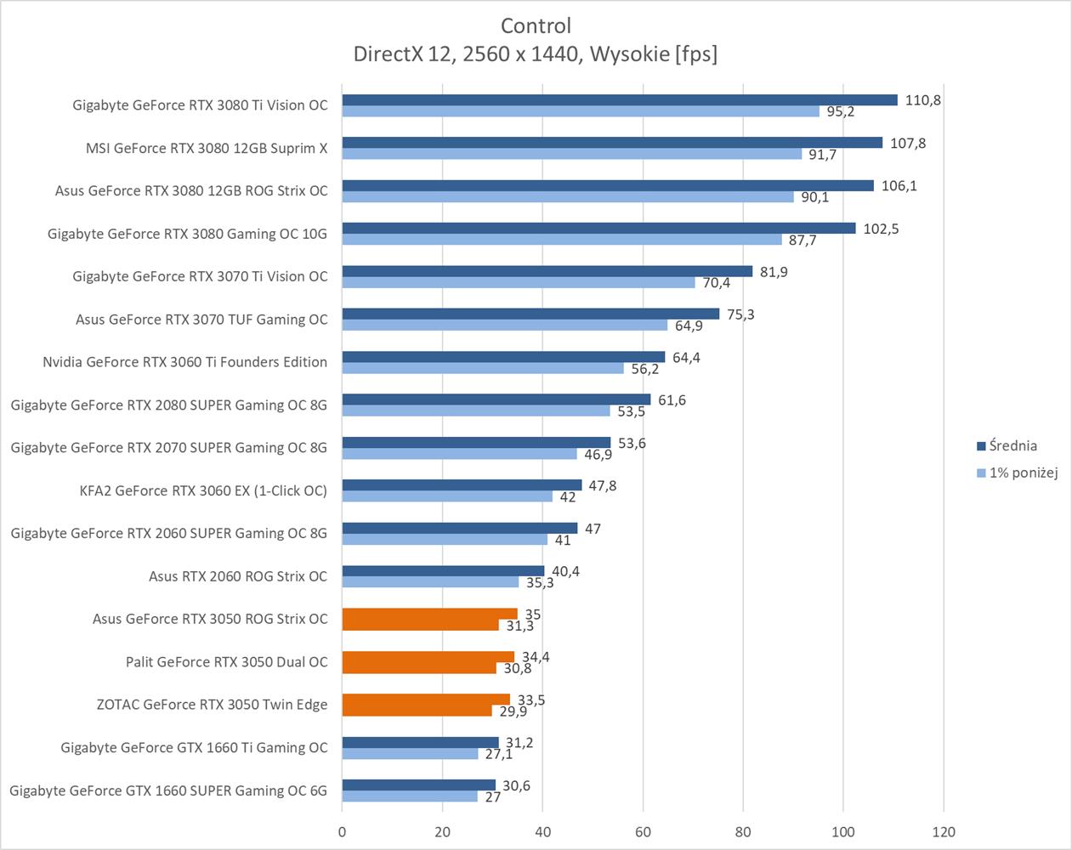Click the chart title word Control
click(536, 25)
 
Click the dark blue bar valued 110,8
click(619, 100)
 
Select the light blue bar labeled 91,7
click(571, 155)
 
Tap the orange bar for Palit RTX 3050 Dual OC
click(428, 657)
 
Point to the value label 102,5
click(881, 229)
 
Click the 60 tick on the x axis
click(643, 831)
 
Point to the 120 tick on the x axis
click(944, 831)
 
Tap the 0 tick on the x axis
click(342, 831)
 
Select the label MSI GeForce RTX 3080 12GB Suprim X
click(207, 148)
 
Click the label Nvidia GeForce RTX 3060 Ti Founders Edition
click(184, 362)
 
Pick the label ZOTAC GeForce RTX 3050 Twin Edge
click(212, 705)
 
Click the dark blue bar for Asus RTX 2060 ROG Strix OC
click(443, 571)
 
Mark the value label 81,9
click(774, 272)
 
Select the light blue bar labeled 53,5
click(476, 411)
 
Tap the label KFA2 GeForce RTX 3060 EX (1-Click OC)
click(202, 490)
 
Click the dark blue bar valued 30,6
click(418, 785)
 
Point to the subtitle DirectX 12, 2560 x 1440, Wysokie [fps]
click(536, 54)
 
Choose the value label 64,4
click(686, 358)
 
